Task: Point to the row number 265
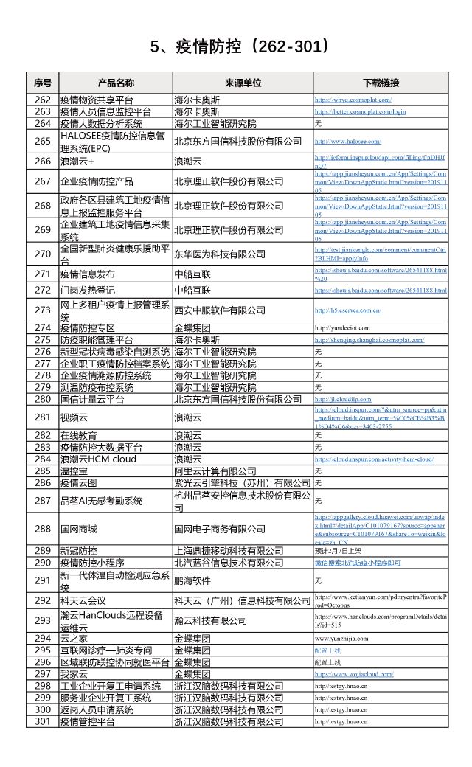(x=43, y=141)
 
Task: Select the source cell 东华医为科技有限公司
(x=219, y=254)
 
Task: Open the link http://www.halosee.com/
(x=347, y=141)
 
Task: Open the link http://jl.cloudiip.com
(x=343, y=399)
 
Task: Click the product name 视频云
(x=74, y=417)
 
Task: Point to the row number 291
(x=43, y=580)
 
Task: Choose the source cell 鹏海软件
(x=192, y=580)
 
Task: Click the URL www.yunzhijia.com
(x=341, y=638)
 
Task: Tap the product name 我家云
(x=74, y=673)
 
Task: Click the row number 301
(x=43, y=721)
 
